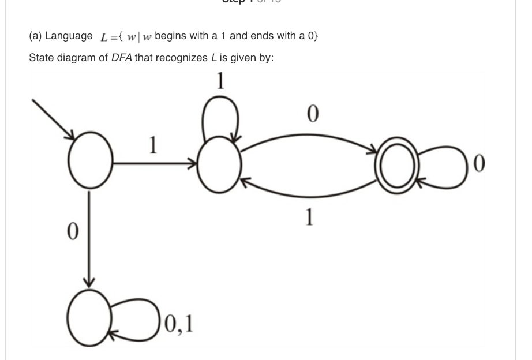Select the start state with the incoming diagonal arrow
(x=90, y=163)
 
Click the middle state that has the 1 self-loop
(x=220, y=164)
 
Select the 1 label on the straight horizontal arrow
(x=153, y=146)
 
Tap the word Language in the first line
(x=68, y=36)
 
